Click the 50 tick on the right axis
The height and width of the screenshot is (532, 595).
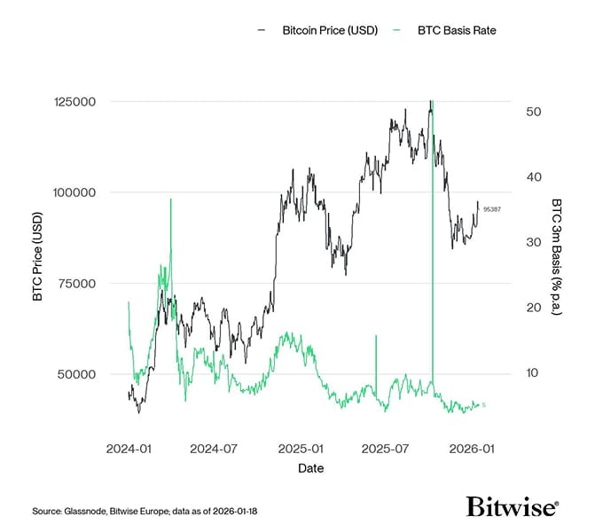(534, 112)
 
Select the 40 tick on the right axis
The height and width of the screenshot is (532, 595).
(534, 177)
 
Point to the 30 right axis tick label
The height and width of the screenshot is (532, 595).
(534, 242)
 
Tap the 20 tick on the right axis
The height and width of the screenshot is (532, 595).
(534, 308)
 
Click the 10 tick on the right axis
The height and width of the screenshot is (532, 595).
(534, 373)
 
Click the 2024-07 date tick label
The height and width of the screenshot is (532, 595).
(213, 450)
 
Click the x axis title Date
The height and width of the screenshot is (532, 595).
(310, 467)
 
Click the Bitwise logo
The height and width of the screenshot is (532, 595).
(513, 507)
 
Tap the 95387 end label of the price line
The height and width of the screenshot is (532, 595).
(492, 209)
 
